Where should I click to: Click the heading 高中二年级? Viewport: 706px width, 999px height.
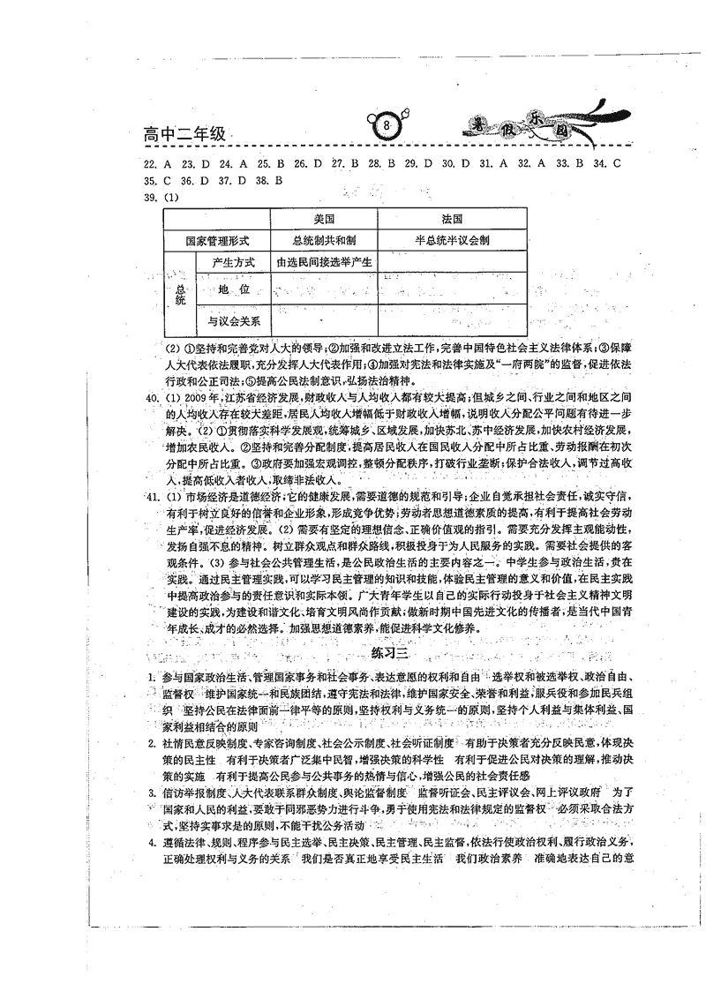[184, 135]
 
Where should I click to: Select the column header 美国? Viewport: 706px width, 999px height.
[326, 218]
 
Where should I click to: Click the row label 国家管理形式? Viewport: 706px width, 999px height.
[217, 240]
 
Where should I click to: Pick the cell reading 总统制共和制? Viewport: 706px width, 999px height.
[326, 240]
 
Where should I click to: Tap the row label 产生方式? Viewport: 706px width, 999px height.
[233, 262]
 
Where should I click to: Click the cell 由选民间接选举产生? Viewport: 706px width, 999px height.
[325, 262]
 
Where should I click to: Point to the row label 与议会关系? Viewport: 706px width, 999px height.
[233, 321]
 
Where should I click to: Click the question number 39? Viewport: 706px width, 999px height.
[151, 197]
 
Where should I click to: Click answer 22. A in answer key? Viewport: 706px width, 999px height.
[156, 163]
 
